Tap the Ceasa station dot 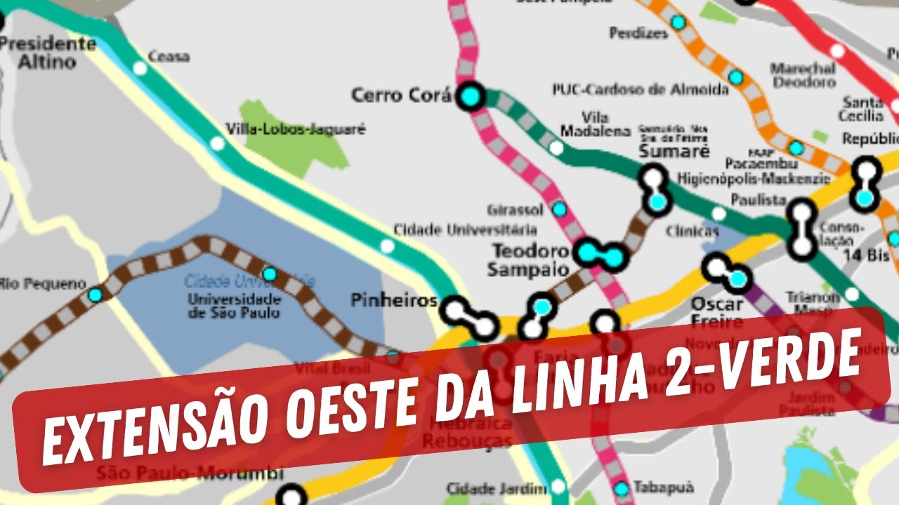pos(140,68)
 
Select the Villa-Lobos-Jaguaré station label pos(296,130)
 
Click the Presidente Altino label pos(47,53)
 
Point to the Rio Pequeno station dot pos(95,295)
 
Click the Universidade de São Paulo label pos(234,306)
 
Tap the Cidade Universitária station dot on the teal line pos(386,245)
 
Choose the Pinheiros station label pos(393,302)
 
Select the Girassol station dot pos(559,208)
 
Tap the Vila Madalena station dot pos(556,147)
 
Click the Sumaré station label pos(674,151)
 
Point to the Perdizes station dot pos(678,22)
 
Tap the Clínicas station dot pos(718,213)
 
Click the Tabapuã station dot pos(621,488)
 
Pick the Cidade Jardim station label pos(497,488)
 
